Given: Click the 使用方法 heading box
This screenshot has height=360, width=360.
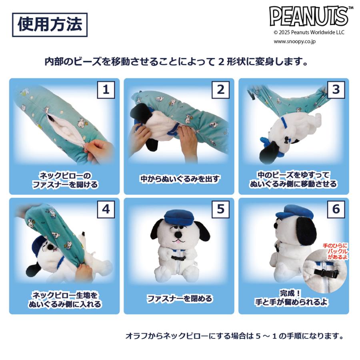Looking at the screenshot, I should click(x=50, y=25).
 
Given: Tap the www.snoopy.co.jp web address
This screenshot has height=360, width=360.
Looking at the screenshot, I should click(x=294, y=41).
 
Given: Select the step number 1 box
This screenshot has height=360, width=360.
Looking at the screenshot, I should click(x=106, y=90).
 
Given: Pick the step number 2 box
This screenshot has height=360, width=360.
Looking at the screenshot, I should click(x=220, y=90).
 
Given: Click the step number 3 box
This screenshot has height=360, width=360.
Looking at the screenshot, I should click(x=336, y=90).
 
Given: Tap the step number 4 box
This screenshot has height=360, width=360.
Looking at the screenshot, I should click(x=106, y=209).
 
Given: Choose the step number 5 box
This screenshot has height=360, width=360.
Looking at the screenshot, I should click(x=220, y=209).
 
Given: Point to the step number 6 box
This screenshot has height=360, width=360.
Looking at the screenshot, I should click(x=336, y=209).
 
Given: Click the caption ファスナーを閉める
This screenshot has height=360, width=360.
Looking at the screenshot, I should click(x=179, y=298).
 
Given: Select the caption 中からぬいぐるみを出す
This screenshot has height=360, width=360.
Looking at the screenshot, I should click(x=180, y=179).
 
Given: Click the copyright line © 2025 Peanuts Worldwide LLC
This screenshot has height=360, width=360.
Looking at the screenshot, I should click(x=308, y=32).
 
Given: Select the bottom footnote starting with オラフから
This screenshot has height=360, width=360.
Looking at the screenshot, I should click(x=234, y=336).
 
